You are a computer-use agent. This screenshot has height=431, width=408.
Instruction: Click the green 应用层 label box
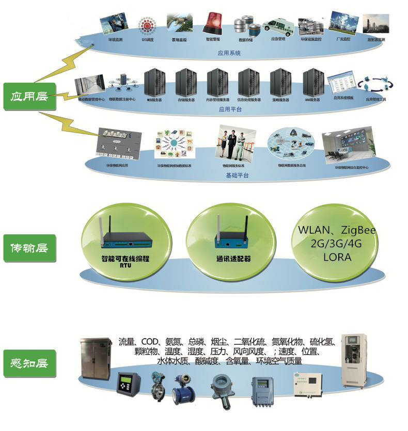coord(29,95)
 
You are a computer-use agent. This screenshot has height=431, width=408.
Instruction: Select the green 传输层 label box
coord(29,248)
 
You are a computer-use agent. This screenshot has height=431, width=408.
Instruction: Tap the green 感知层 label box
coord(29,362)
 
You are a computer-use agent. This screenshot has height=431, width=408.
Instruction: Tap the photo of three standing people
coord(232,142)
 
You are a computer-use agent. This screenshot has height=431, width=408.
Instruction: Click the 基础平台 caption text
coord(237,176)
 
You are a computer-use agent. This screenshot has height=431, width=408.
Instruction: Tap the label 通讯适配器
coord(233,259)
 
